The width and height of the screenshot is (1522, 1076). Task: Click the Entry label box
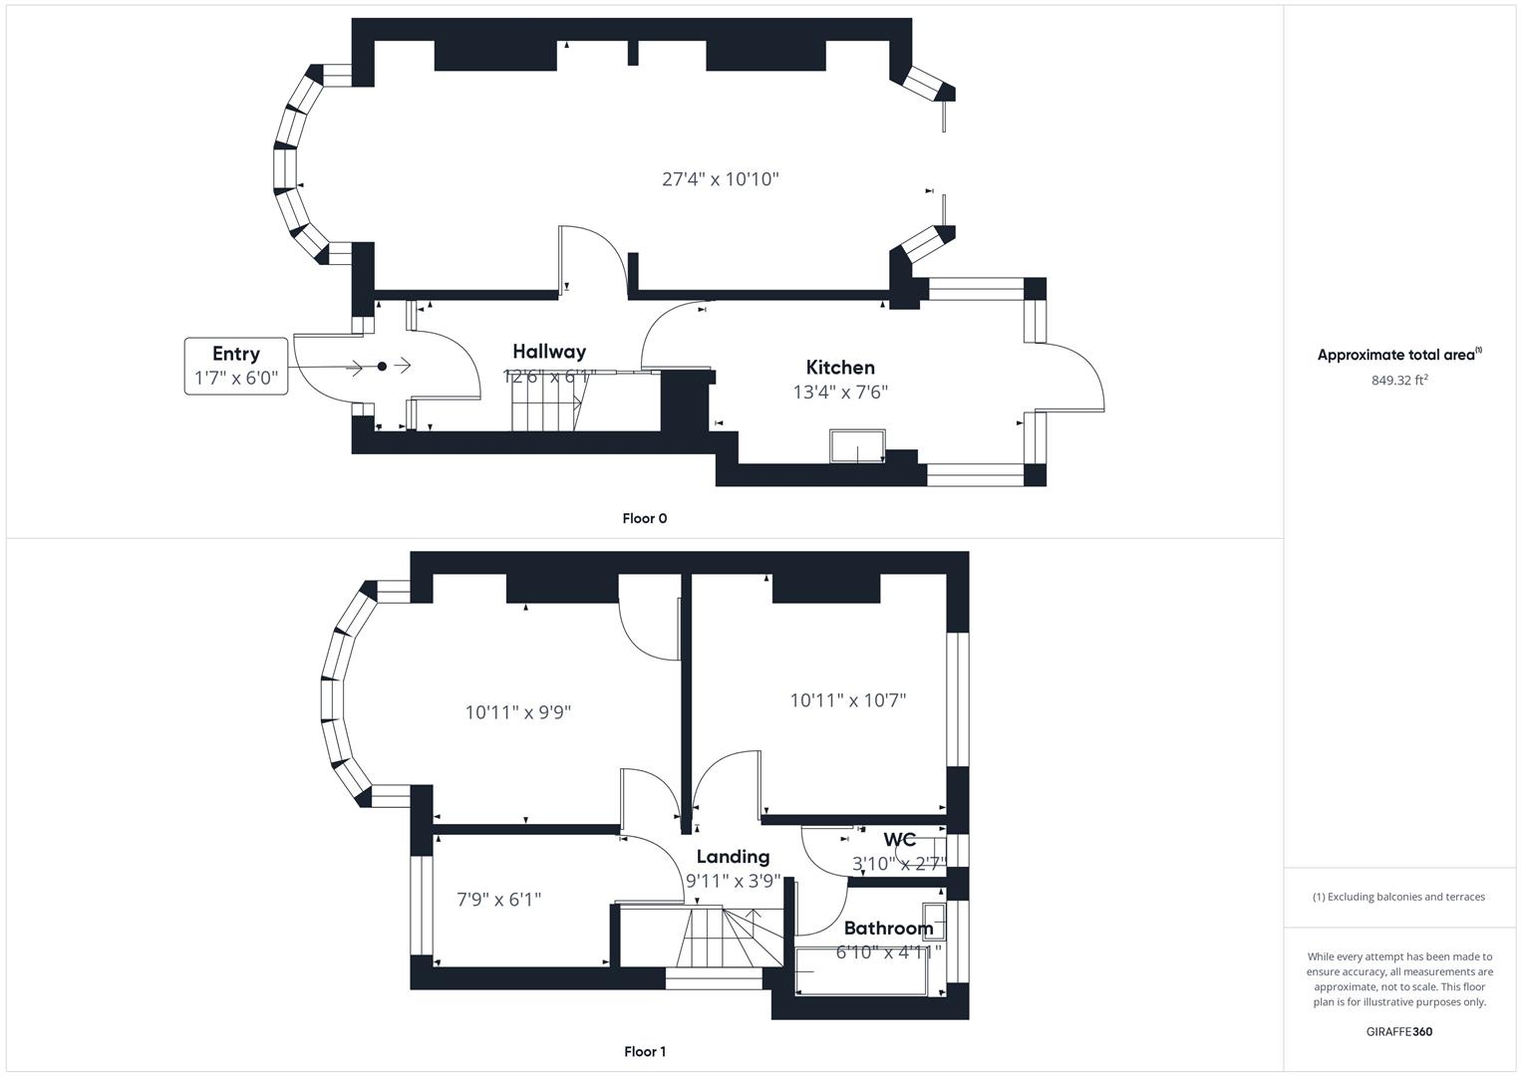pos(236,366)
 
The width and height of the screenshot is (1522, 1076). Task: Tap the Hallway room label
pos(549,352)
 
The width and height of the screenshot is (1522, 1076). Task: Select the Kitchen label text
pos(840,368)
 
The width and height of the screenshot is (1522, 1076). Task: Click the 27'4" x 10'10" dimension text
pos(721,179)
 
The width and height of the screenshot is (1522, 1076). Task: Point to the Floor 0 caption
pos(645,518)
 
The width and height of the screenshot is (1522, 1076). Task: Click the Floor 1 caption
pos(645,1051)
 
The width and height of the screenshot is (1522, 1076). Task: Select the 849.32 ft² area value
pos(1399,380)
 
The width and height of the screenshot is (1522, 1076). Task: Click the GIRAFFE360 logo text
pos(1399,1031)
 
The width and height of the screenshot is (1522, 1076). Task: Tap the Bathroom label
pos(888,929)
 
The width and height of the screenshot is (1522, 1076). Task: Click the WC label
pos(899,840)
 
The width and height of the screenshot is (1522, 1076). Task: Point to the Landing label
pos(733,857)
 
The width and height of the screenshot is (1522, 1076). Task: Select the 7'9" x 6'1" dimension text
pos(499,900)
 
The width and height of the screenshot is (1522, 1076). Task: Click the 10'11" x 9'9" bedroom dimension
pos(518,712)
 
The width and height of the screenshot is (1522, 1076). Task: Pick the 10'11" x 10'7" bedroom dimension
pos(848,700)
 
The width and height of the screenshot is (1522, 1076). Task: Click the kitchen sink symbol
pos(858,447)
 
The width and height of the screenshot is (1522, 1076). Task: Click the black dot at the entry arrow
pos(382,367)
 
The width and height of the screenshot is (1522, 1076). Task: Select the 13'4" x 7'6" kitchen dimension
pos(840,393)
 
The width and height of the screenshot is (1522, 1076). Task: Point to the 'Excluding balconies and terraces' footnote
pos(1398,897)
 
